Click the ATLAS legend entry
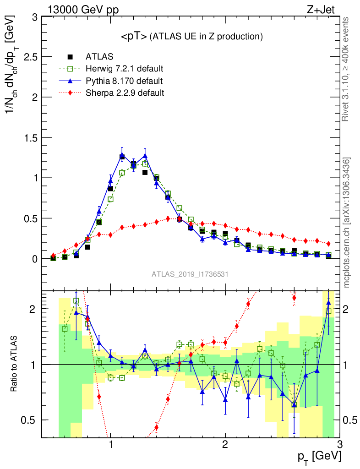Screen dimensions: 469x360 click(99, 57)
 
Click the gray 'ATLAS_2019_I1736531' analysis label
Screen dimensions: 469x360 click(190, 274)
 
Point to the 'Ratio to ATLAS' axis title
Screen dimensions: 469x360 click(15, 364)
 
